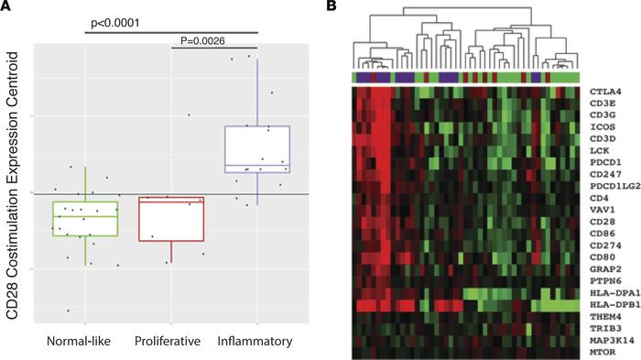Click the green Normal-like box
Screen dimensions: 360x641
pyautogui.click(x=85, y=218)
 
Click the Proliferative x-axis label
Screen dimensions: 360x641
pyautogui.click(x=170, y=342)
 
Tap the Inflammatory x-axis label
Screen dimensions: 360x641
pyautogui.click(x=255, y=342)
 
